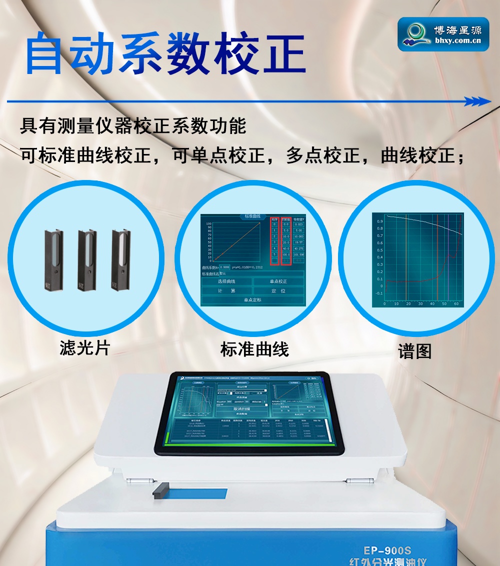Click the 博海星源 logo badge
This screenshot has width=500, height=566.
point(443,34)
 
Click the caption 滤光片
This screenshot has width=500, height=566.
point(84,347)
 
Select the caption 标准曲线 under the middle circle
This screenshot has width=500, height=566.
point(254,349)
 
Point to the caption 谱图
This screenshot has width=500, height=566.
point(414,351)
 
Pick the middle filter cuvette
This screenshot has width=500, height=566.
point(86,260)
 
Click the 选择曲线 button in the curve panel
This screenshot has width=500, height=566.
point(226,281)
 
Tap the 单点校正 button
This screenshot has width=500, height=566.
point(278,281)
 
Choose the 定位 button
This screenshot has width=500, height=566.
point(278,290)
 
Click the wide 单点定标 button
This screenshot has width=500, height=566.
point(252,300)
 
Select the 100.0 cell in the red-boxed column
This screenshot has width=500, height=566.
point(286,255)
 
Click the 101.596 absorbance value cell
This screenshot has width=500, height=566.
point(298,255)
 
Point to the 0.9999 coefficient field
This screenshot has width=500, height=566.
point(224,267)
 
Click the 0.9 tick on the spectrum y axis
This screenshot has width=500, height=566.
point(380,220)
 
